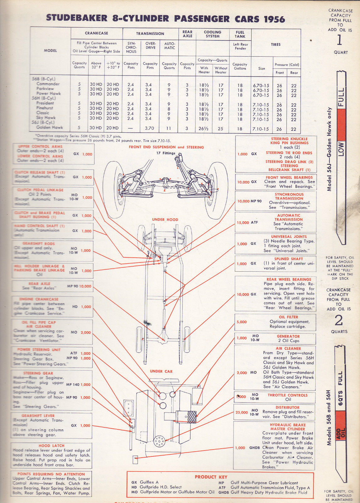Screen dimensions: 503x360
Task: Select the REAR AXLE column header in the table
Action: (x=187, y=34)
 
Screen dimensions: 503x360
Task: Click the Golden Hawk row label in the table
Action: (x=50, y=128)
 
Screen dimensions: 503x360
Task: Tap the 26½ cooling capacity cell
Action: (x=204, y=129)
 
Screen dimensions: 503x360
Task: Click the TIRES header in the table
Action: (x=276, y=45)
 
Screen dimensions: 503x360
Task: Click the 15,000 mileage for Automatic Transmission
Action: (x=243, y=223)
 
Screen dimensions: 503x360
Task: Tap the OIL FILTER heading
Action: (x=288, y=317)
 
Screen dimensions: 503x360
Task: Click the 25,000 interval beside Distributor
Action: (x=241, y=412)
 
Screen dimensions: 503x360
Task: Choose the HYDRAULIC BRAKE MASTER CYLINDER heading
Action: (x=288, y=427)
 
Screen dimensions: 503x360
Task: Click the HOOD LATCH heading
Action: (x=52, y=446)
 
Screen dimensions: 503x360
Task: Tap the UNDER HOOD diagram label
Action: (x=165, y=220)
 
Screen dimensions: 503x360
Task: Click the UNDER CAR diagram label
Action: (x=161, y=371)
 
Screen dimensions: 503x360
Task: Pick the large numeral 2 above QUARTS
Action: (x=339, y=321)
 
